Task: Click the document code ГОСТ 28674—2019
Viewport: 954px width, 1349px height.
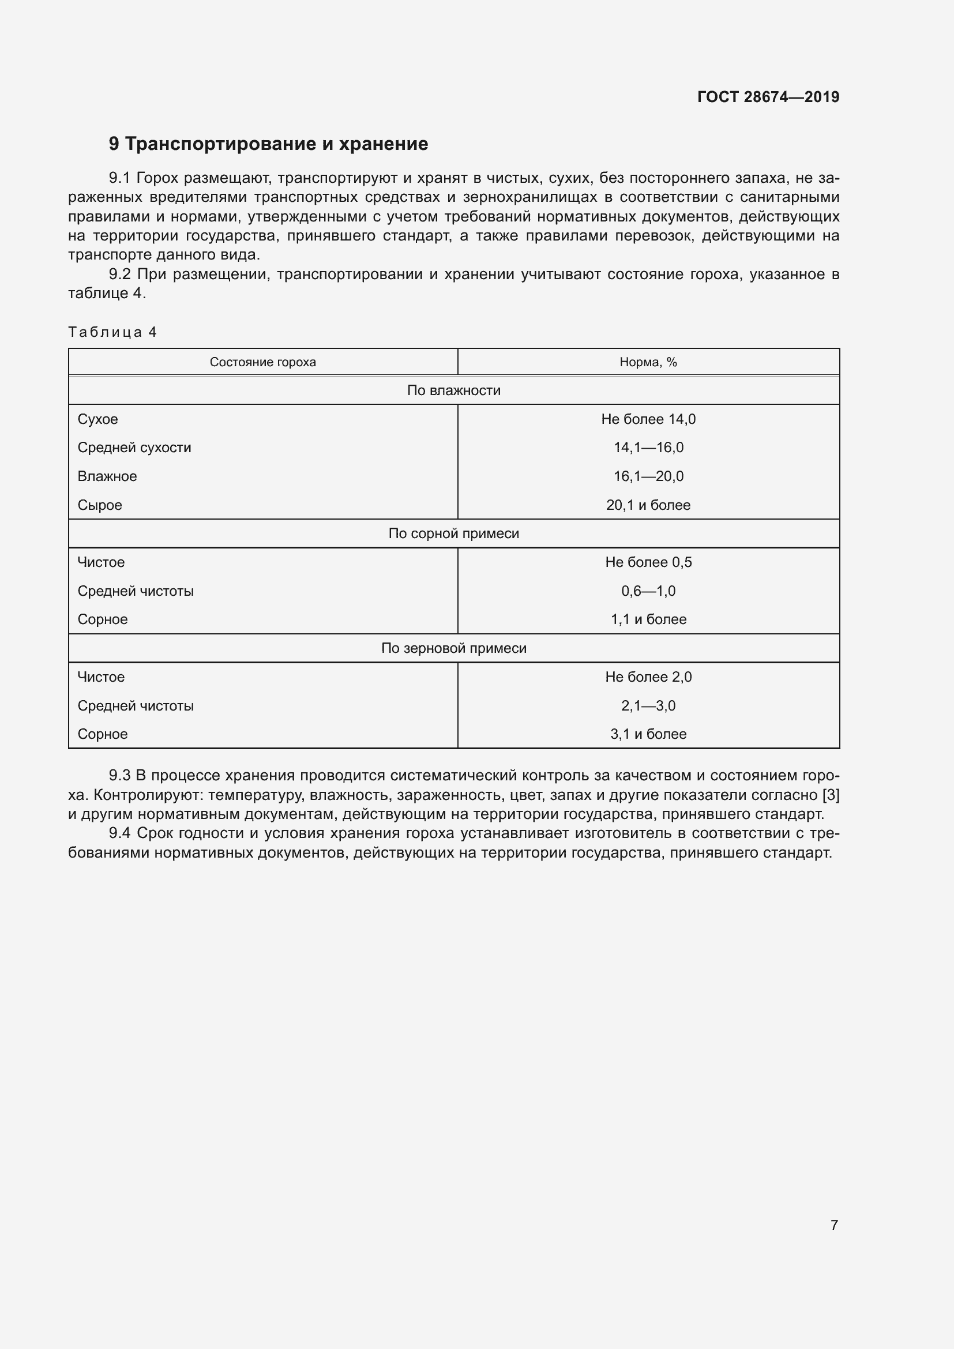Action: tap(768, 97)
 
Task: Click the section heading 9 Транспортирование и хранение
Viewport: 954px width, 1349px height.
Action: tap(268, 144)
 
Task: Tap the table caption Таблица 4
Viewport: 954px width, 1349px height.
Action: tap(112, 332)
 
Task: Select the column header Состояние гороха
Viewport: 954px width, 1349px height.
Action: tap(262, 362)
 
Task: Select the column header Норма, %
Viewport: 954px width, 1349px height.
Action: tap(648, 362)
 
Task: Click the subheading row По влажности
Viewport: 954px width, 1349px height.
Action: tap(453, 390)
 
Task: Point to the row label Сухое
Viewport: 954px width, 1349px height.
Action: tap(97, 419)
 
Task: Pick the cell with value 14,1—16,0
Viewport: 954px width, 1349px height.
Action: tap(648, 447)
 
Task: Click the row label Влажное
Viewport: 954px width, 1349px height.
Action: tap(107, 476)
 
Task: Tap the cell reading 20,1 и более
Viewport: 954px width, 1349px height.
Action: tap(648, 505)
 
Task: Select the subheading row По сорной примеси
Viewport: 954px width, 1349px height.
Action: tap(453, 533)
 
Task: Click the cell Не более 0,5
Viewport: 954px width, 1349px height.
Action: tap(648, 562)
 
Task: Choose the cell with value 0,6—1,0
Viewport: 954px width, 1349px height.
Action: tap(648, 591)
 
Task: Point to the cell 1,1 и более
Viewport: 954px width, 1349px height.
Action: tap(648, 619)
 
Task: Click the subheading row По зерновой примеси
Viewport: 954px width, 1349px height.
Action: tap(453, 648)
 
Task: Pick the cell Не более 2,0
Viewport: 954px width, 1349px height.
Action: tap(648, 677)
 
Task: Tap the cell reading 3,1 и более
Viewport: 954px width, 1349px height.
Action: tap(648, 734)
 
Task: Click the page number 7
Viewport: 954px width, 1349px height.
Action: tap(833, 1225)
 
